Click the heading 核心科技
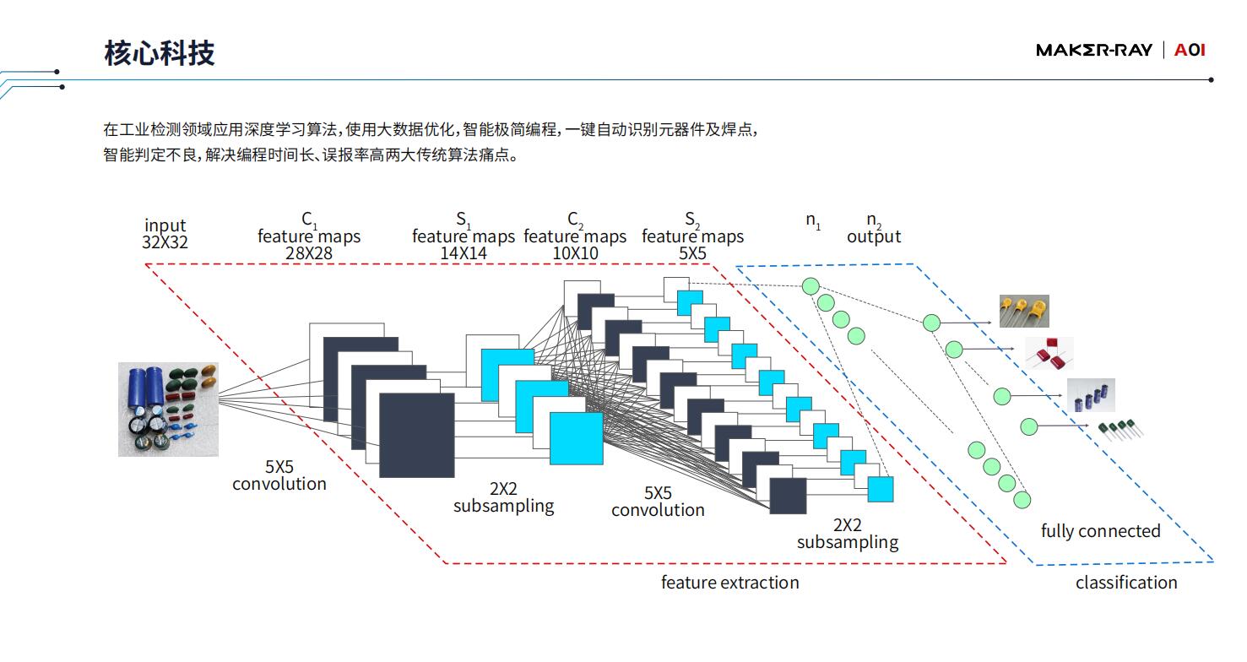point(160,53)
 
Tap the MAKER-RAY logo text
point(1094,50)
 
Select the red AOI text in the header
point(1190,50)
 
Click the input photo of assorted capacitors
point(168,410)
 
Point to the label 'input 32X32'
point(165,234)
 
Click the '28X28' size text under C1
point(309,253)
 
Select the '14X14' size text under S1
point(464,253)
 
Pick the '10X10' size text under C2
point(575,253)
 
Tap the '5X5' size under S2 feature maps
point(692,253)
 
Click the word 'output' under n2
point(874,236)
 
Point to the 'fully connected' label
point(1101,531)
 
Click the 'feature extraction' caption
point(729,583)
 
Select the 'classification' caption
point(1126,583)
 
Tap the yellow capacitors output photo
point(1024,312)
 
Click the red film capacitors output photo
point(1049,354)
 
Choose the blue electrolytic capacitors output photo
point(1091,395)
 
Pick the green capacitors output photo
point(1120,430)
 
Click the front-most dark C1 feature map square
point(417,436)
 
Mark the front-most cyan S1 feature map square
point(576,438)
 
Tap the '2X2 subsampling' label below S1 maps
point(504,497)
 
